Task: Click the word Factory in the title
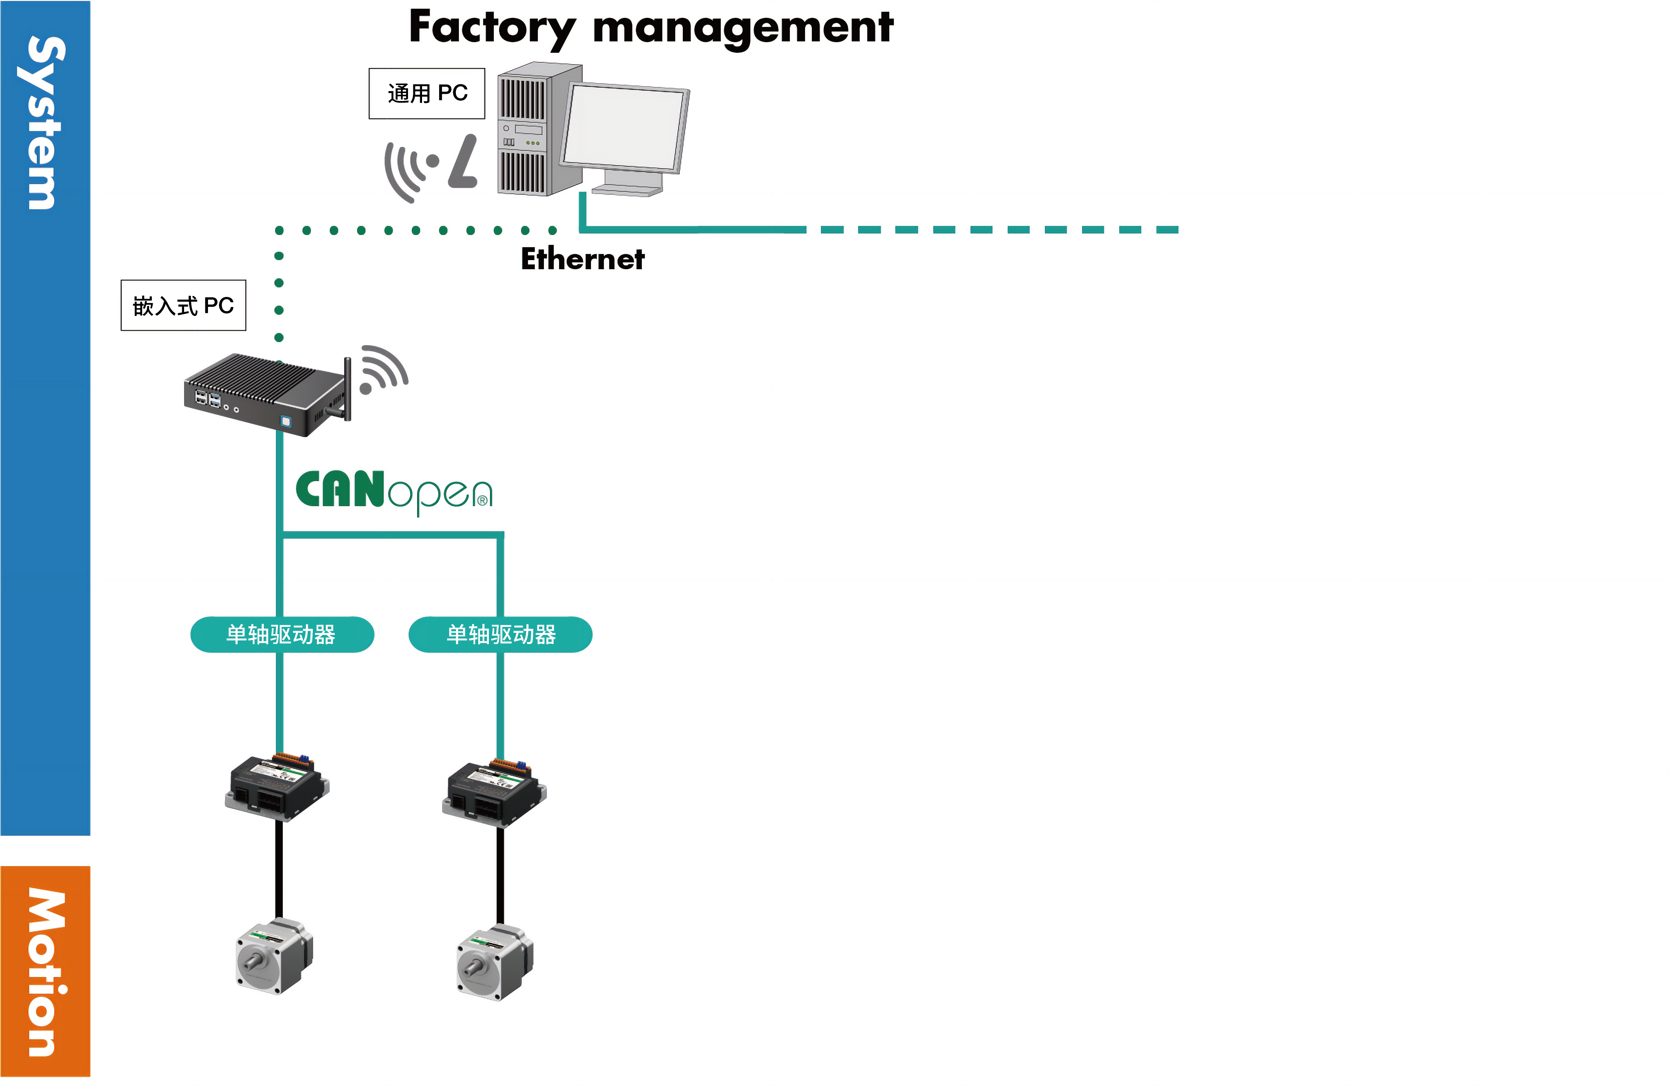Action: [491, 28]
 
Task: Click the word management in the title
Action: [742, 28]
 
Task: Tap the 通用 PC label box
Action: [427, 93]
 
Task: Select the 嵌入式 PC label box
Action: [183, 305]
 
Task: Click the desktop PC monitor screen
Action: [623, 128]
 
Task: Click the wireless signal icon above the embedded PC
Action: [383, 369]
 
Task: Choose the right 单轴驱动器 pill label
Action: [500, 635]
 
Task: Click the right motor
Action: [495, 963]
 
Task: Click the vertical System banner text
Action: [46, 123]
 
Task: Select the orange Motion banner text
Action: [46, 972]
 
